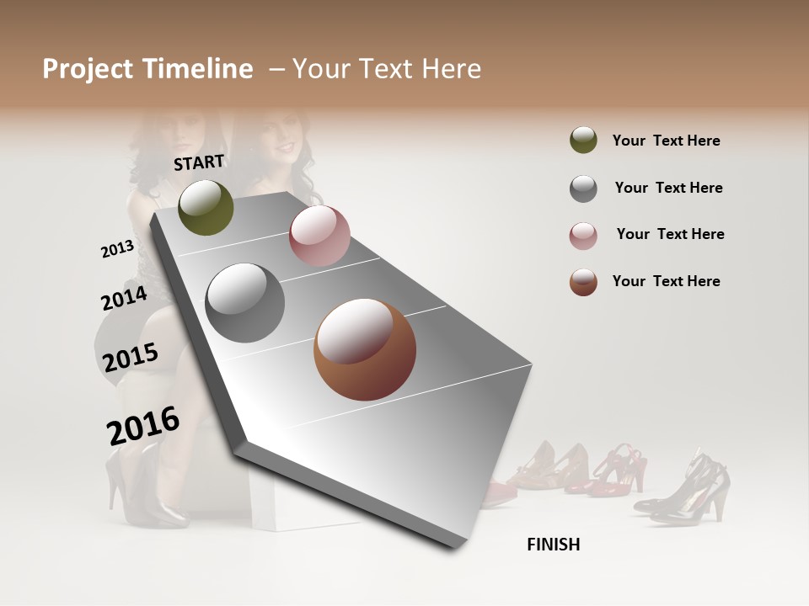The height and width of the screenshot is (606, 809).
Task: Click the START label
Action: pyautogui.click(x=199, y=162)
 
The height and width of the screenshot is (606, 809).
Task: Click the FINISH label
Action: pyautogui.click(x=553, y=545)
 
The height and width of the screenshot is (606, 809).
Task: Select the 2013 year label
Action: pyautogui.click(x=117, y=249)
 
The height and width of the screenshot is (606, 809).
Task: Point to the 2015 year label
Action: pyautogui.click(x=131, y=358)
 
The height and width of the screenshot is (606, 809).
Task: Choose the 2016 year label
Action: pyautogui.click(x=143, y=425)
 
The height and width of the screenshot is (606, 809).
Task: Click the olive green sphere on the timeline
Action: pyautogui.click(x=206, y=207)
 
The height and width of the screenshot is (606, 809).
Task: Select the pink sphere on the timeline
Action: pyautogui.click(x=319, y=235)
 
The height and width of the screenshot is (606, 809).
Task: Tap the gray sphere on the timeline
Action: pyautogui.click(x=244, y=302)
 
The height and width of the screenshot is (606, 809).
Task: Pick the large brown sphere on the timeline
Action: pyautogui.click(x=364, y=349)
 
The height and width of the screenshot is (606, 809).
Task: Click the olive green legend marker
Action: pyautogui.click(x=583, y=141)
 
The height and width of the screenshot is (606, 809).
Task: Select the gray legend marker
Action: pyautogui.click(x=583, y=189)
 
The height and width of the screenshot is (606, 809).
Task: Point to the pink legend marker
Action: pyautogui.click(x=583, y=236)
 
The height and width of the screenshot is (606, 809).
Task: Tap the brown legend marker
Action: pyautogui.click(x=583, y=282)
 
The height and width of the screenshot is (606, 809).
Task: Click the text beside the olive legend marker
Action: pyautogui.click(x=666, y=141)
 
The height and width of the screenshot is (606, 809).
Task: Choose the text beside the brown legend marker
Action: pyautogui.click(x=666, y=281)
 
